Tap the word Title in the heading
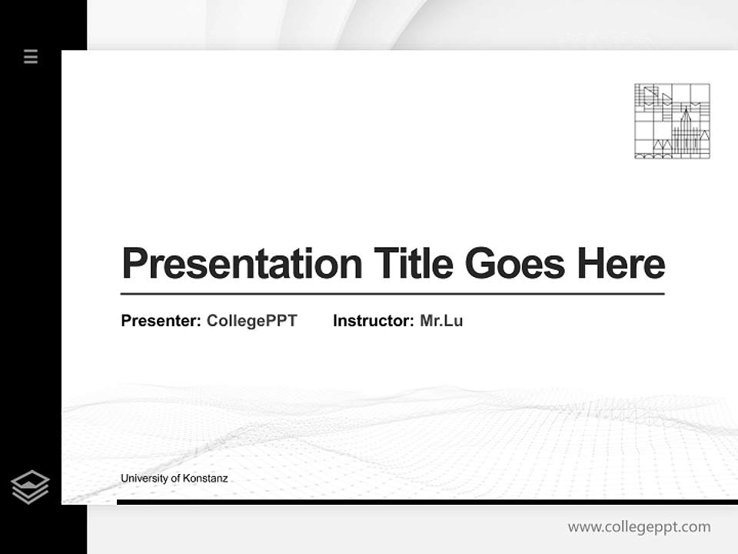(x=414, y=264)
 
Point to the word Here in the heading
(x=621, y=264)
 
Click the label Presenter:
(x=161, y=321)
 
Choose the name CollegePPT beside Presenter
(x=251, y=321)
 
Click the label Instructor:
(x=374, y=321)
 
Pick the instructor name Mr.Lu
(x=441, y=321)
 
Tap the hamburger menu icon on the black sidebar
(x=31, y=56)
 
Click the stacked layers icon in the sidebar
(x=30, y=487)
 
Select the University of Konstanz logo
(x=672, y=121)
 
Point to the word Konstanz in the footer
(x=205, y=479)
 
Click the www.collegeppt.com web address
(x=639, y=527)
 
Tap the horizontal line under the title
(x=392, y=294)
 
